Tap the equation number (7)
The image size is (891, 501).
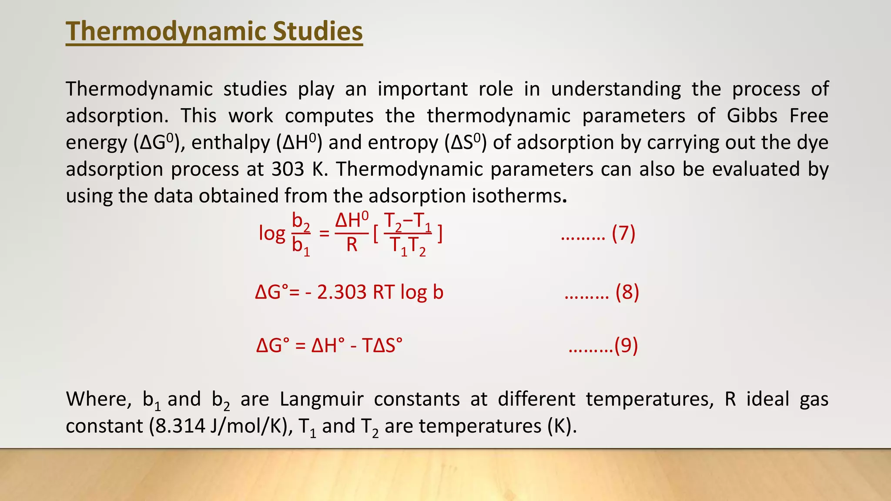click(x=623, y=234)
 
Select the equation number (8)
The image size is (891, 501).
click(x=627, y=292)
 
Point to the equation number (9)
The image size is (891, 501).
click(x=626, y=346)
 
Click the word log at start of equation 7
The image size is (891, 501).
click(x=272, y=234)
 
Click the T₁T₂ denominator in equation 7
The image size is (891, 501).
click(x=408, y=246)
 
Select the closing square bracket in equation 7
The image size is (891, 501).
click(x=440, y=234)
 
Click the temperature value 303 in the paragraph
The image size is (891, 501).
click(x=288, y=169)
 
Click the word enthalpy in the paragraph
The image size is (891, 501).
click(x=231, y=143)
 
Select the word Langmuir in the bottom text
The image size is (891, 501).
click(x=321, y=399)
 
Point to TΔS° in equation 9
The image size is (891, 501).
click(x=382, y=346)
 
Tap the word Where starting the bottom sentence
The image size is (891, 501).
click(x=98, y=399)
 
